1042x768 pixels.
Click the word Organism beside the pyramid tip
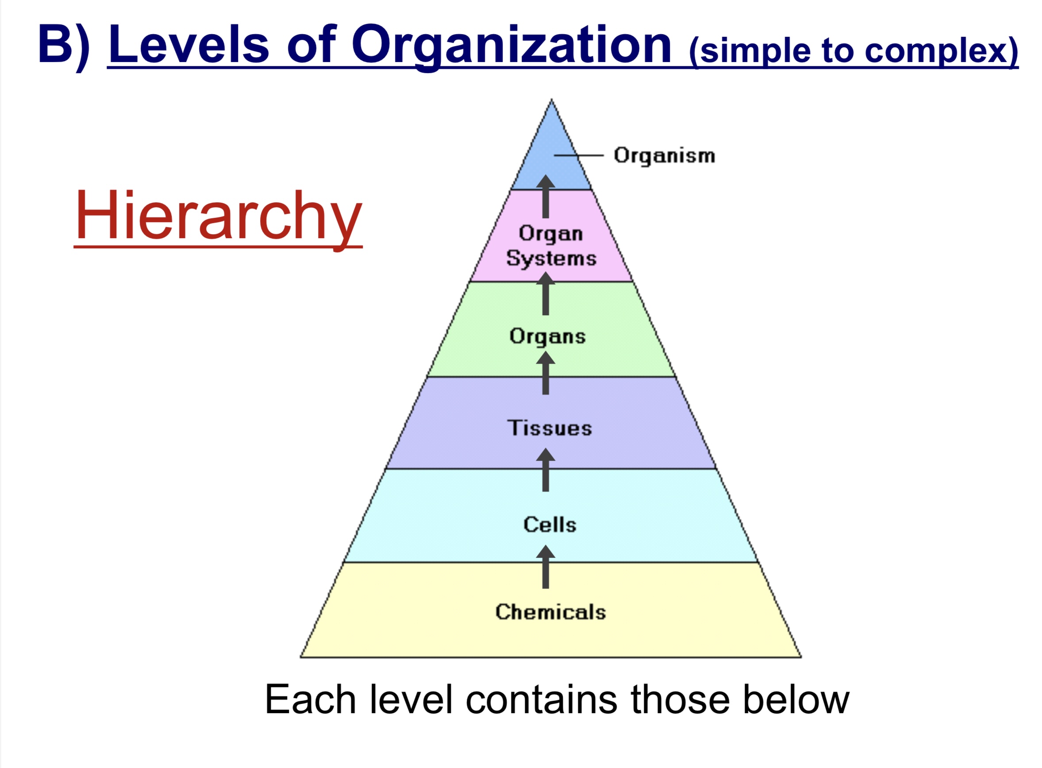(x=664, y=156)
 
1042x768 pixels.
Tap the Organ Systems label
(x=551, y=246)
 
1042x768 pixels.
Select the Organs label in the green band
(x=547, y=336)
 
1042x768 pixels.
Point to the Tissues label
(x=550, y=428)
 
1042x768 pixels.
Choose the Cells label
(x=550, y=525)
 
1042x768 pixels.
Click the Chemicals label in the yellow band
(x=550, y=612)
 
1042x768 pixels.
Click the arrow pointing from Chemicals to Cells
(x=546, y=567)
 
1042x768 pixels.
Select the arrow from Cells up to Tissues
(x=546, y=470)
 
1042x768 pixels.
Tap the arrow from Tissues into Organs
(x=546, y=373)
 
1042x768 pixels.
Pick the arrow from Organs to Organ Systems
(x=546, y=294)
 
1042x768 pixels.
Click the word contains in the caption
(x=541, y=700)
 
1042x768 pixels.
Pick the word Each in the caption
(x=311, y=700)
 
